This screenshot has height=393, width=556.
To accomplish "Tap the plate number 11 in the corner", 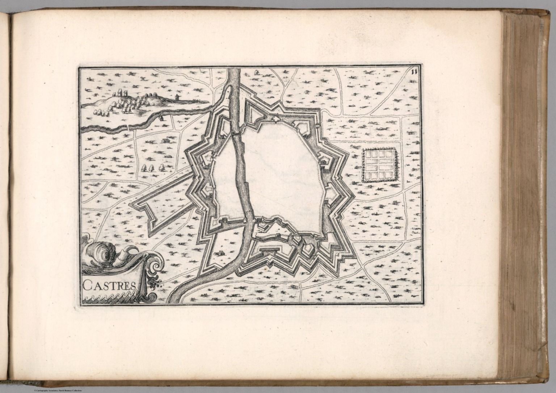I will [415, 71].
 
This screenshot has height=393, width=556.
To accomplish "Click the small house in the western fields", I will [165, 141].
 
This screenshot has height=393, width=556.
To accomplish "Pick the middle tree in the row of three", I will [152, 167].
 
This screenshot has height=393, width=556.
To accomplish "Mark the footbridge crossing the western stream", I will [129, 126].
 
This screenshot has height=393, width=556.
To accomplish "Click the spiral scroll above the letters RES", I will [156, 267].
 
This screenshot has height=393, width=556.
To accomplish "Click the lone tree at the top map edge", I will [257, 72].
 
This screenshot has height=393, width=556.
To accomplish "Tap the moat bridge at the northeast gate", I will [319, 125].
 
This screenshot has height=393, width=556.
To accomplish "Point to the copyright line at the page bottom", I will [58, 390].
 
